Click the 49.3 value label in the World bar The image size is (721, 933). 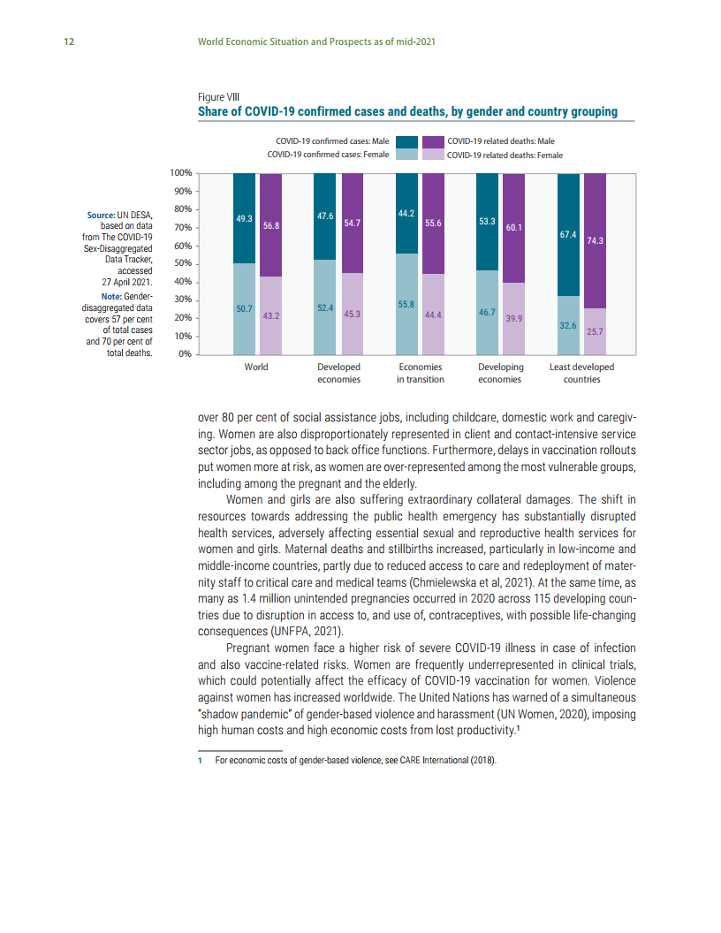coord(245,218)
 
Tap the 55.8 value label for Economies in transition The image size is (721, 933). coord(406,304)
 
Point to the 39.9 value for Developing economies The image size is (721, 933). coord(513,318)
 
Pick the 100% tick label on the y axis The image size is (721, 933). coord(180,173)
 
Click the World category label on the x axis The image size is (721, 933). coord(256,367)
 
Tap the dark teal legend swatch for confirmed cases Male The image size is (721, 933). coord(406,141)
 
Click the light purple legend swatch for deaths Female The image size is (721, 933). coord(433,155)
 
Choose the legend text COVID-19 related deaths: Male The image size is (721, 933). coord(501,141)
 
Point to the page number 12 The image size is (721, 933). coord(68,42)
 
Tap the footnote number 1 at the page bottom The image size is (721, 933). coord(201,759)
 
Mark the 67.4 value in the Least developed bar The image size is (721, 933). coord(568,235)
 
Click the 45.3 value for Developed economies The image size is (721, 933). coord(352,314)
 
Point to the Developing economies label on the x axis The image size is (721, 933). coord(500,373)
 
